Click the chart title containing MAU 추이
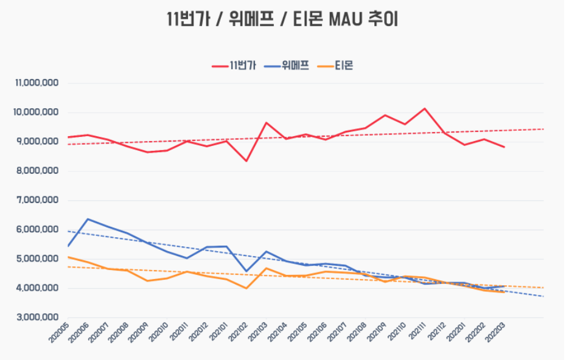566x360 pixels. tap(282, 19)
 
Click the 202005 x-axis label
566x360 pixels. tap(58, 333)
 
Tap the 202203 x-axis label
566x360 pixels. tap(494, 333)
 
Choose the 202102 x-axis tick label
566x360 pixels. tap(237, 333)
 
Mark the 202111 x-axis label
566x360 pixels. tap(415, 333)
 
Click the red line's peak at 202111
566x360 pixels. tap(425, 109)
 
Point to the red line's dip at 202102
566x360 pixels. tap(246, 161)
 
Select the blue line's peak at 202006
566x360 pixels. tap(88, 219)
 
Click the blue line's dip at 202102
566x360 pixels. tap(246, 271)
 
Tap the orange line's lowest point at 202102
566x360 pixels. tap(246, 288)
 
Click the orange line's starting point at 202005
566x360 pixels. tap(68, 257)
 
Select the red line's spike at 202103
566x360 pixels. tap(266, 123)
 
